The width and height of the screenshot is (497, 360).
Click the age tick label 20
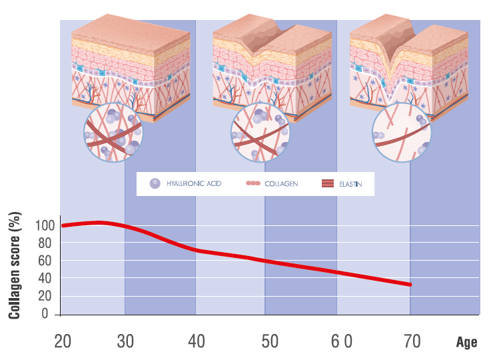point(63,341)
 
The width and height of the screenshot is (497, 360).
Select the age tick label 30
point(125,341)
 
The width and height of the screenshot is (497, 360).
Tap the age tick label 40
point(196,341)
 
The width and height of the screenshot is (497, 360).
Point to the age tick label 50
point(269,341)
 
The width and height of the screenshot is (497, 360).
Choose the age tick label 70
point(412,341)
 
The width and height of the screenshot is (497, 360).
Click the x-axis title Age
point(466,343)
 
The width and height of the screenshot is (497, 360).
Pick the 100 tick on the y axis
point(41,225)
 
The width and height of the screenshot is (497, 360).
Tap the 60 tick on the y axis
point(44,261)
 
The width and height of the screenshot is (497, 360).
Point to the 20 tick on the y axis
point(44,296)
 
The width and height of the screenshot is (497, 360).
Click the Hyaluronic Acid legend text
point(194,183)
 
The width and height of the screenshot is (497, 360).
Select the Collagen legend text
point(281,183)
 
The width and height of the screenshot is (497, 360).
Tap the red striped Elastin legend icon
point(327,183)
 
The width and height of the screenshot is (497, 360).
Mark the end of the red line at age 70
point(410,285)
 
